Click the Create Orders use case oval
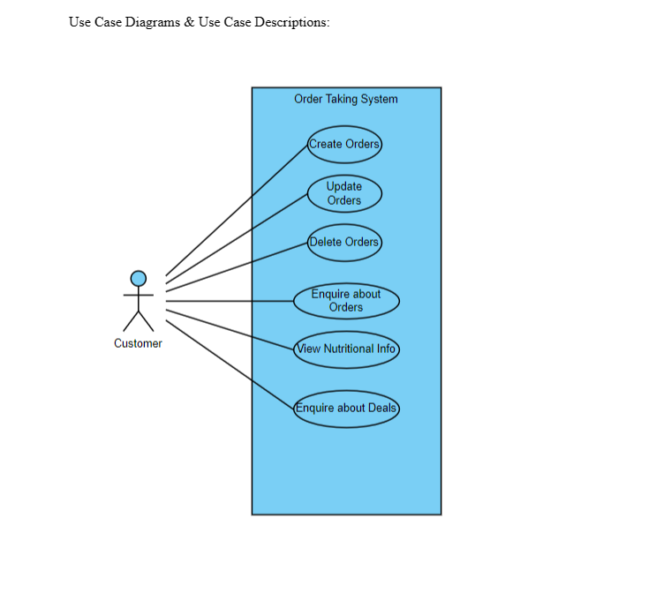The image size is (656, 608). point(344,144)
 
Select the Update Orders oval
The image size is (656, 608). point(344,193)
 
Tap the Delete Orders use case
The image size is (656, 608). point(344,242)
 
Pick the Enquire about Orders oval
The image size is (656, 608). point(346,301)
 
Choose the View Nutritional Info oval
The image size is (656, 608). point(346,349)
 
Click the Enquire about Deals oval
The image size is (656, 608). point(346,409)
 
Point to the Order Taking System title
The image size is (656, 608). point(346,99)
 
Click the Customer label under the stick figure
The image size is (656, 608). point(138,343)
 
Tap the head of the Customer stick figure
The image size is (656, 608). point(139,278)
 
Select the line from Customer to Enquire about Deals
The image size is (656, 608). point(230,364)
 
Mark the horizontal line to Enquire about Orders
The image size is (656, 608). point(230,302)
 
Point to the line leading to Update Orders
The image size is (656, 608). point(237,239)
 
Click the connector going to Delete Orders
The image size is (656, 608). point(237,266)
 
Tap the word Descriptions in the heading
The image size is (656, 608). point(291,22)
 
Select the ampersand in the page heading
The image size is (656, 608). point(190,22)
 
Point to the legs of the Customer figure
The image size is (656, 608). point(139,321)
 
